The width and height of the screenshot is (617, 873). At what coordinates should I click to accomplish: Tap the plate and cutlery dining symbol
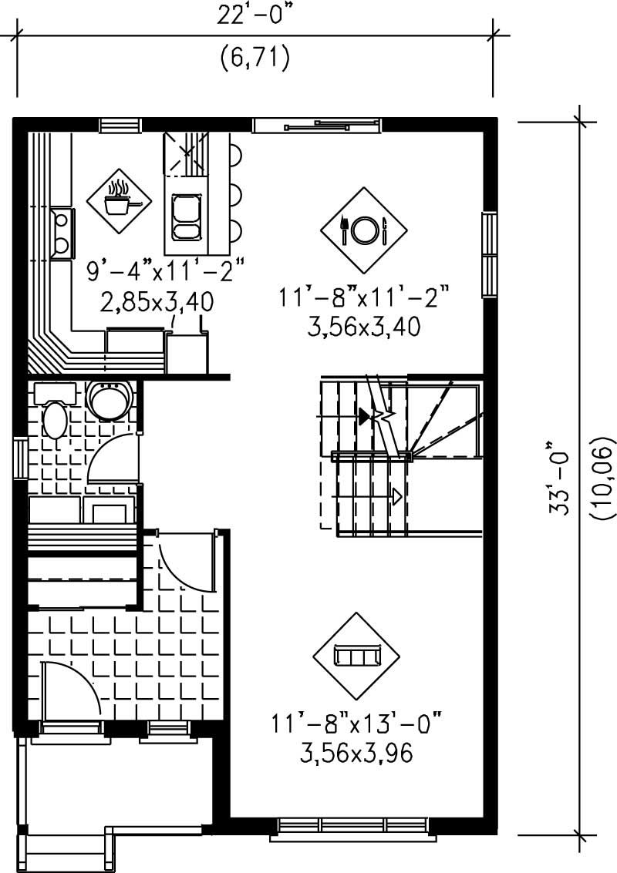(362, 227)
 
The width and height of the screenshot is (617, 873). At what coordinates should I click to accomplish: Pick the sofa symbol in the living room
(356, 656)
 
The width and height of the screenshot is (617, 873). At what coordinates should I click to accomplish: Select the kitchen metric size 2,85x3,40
(157, 301)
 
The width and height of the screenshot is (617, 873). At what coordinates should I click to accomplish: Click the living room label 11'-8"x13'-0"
(359, 724)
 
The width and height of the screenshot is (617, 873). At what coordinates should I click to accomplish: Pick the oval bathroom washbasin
(54, 420)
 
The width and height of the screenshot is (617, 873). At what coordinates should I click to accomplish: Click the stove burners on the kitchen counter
(60, 233)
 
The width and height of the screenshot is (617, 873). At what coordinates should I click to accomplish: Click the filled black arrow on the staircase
(364, 416)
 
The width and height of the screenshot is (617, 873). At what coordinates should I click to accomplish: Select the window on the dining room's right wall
(488, 254)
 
